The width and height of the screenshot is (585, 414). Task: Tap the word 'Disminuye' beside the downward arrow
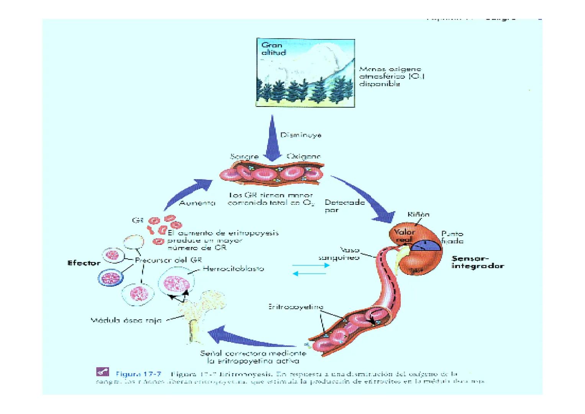(x=300, y=135)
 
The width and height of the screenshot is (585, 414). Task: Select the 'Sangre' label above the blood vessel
(x=244, y=157)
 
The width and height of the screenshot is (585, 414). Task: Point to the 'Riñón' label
(x=418, y=215)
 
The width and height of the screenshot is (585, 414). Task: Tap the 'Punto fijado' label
(x=452, y=237)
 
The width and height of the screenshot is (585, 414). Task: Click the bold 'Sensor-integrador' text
(x=477, y=262)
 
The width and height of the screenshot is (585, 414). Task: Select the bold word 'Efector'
(x=84, y=263)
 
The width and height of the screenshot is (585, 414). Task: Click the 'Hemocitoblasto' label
(x=233, y=269)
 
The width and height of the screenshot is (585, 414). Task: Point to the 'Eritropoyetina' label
(x=296, y=307)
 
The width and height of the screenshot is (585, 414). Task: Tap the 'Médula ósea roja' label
(x=126, y=320)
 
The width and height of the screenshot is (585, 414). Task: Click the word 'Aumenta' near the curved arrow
(x=197, y=203)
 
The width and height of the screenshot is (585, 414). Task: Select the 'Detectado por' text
(x=344, y=206)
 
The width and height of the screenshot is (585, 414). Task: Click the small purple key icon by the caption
(x=102, y=371)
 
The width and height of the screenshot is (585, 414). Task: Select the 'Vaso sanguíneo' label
(x=339, y=254)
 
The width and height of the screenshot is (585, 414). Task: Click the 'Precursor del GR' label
(x=168, y=260)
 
